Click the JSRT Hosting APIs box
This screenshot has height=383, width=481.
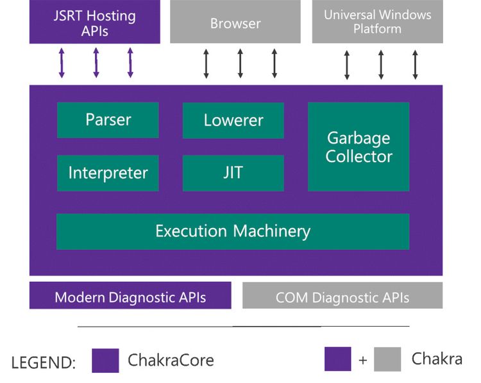coord(94,22)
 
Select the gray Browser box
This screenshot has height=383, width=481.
coord(235,23)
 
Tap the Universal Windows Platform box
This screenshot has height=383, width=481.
coord(377,22)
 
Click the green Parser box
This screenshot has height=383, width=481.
coord(108,120)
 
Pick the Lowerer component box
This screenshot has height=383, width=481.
coord(233,120)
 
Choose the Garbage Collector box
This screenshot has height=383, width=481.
coord(359,147)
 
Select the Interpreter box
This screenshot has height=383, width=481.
coord(108,173)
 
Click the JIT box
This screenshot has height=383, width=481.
coord(233,173)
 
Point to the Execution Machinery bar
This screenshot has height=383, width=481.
coord(233,231)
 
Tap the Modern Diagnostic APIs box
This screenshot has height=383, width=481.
coord(130,297)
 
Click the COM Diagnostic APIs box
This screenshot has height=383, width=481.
coord(342,297)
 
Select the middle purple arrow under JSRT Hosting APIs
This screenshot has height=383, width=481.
coord(96,63)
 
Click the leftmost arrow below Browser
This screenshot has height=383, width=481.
coord(206,63)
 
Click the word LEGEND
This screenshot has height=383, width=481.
coord(43,363)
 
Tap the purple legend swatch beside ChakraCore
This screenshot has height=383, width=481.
coord(105,360)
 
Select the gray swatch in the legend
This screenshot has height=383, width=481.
coord(387,359)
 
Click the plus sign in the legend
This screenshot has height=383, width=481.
coord(363,361)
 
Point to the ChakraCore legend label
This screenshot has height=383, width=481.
coord(171,360)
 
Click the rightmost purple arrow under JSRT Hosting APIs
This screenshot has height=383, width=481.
coord(130,63)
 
